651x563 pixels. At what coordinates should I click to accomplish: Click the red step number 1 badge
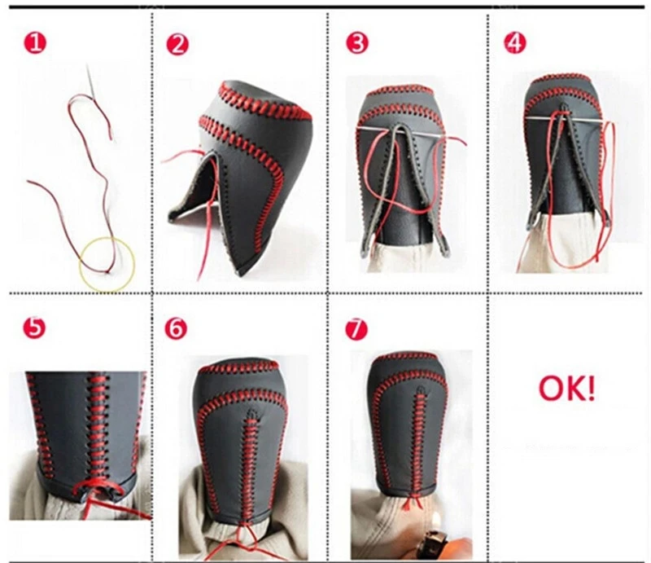pos(35,43)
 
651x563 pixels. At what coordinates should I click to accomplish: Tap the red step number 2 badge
pos(177,45)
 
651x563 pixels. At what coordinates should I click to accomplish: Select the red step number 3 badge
pos(357,43)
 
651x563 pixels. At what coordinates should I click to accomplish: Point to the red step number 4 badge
pos(515,43)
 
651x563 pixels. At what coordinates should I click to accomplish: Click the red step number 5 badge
pos(34,328)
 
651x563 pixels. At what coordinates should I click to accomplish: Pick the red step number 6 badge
pos(176,328)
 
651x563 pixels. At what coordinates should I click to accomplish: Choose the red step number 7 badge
pos(356,330)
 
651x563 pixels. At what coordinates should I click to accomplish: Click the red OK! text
pos(566,389)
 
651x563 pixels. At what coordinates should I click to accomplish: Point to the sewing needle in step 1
pos(91,82)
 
